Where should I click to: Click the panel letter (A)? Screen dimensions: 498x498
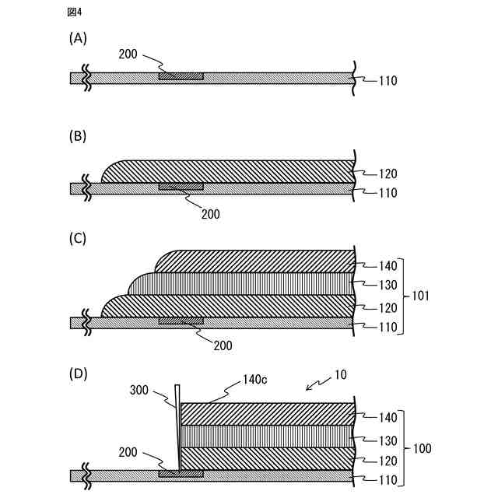pos(78,37)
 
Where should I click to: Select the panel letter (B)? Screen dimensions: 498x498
pos(78,136)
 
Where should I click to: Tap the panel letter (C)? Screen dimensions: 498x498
pos(78,240)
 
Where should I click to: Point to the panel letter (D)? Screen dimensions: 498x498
pos(78,373)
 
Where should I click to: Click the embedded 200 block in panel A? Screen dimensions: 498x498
pos(181,76)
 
